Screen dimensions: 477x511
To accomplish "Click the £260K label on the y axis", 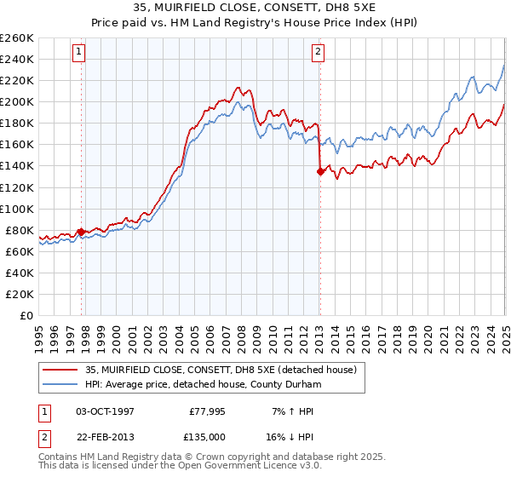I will pyautogui.click(x=17, y=38).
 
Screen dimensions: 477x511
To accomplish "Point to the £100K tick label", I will pyautogui.click(x=17, y=209).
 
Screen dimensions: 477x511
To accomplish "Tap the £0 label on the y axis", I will pyautogui.click(x=27, y=315).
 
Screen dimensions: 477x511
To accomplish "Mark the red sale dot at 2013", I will pyautogui.click(x=320, y=171).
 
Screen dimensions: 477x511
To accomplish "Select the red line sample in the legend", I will pyautogui.click(x=60, y=369).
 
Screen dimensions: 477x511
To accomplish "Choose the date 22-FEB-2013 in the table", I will pyautogui.click(x=106, y=437).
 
